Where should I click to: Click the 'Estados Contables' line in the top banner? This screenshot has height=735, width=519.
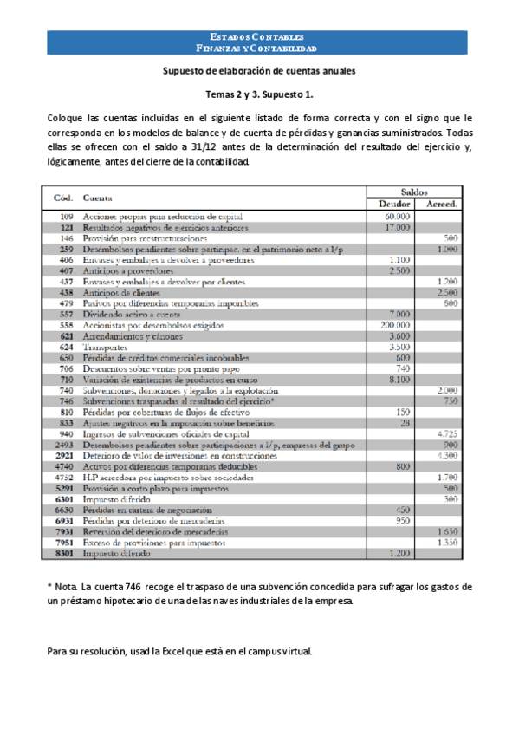point(259,37)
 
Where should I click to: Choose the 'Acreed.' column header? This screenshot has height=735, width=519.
point(443,204)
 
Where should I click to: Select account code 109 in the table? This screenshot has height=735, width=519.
point(66,216)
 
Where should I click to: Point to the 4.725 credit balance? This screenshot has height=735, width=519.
point(447,433)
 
